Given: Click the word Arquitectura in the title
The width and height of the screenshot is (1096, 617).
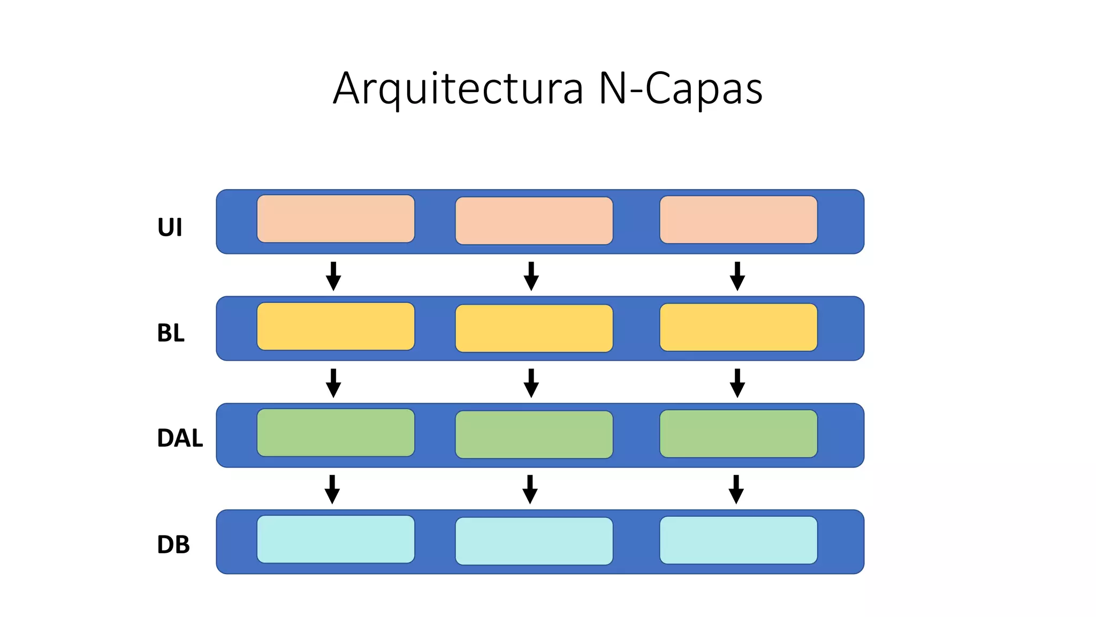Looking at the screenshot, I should tap(458, 89).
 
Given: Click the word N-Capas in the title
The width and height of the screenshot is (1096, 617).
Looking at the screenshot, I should tap(680, 89).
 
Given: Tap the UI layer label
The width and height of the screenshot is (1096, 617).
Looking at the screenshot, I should tap(170, 227).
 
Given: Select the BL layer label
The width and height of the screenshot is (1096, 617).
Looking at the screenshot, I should tap(171, 333).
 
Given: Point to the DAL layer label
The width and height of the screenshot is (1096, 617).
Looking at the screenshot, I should tap(180, 438).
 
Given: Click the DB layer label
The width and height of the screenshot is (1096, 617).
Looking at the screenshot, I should tap(173, 545).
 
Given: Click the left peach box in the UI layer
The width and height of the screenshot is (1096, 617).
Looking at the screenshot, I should tap(336, 219).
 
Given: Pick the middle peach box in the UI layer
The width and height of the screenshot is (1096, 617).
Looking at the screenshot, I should tap(534, 221).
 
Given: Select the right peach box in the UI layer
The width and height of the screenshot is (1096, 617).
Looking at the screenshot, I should tap(738, 220).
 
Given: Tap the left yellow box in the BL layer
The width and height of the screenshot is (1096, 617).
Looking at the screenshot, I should tap(336, 326).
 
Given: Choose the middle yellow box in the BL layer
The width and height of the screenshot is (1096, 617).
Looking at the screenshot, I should tap(534, 328).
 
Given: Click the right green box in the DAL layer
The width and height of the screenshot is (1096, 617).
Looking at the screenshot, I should tap(738, 434).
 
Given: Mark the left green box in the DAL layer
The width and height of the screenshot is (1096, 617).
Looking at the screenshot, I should tap(336, 433).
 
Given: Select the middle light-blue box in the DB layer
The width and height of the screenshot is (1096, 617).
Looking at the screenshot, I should tap(534, 541).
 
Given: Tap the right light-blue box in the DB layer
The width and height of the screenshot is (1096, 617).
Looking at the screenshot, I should tap(738, 540).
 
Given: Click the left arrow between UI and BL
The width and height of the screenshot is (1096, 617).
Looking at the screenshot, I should tap(333, 276).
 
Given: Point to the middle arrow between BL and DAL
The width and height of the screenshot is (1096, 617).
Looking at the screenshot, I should tap(531, 383).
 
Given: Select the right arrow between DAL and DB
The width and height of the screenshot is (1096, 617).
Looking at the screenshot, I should tap(736, 490).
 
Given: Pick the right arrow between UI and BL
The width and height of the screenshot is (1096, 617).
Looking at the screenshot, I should tap(737, 276).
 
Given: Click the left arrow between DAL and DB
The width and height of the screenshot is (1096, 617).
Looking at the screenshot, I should tap(332, 490).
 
